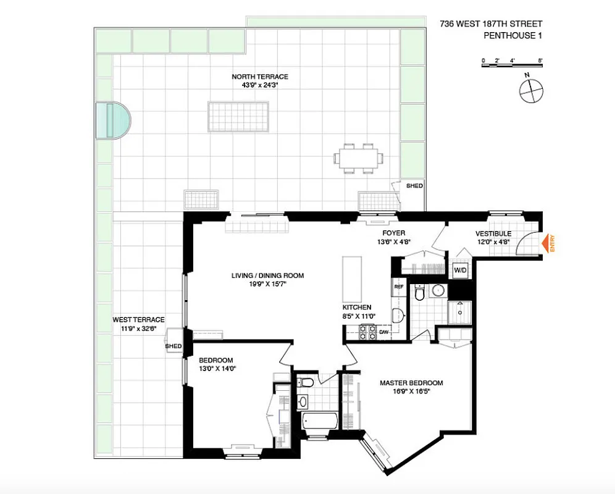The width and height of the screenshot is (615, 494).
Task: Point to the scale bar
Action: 511,61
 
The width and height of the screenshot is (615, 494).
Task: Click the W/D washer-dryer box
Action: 460,270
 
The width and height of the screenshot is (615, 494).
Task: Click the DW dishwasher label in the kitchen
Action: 383,332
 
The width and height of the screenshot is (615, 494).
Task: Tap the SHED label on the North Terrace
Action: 413,185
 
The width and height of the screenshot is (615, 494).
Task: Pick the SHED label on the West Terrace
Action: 174,346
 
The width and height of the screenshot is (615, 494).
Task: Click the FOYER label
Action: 393,233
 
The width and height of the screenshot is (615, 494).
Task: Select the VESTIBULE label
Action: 493,234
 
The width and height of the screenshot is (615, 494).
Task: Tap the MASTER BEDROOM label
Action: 411,383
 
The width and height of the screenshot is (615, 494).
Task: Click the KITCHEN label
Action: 357,307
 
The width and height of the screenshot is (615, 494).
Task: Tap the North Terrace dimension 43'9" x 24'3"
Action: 260,85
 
